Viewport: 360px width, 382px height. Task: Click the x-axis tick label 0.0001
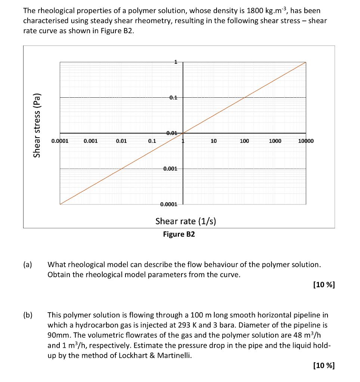(60, 141)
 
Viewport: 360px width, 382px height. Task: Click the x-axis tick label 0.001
(91, 141)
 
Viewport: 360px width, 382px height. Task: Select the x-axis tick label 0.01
(121, 141)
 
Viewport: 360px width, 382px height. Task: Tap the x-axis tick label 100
(244, 141)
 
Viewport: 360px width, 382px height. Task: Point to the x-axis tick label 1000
(275, 141)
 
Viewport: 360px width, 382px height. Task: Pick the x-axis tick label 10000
(306, 141)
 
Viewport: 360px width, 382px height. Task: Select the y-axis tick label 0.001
(170, 169)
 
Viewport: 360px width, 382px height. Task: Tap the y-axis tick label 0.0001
(169, 204)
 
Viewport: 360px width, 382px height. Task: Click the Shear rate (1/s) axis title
(186, 221)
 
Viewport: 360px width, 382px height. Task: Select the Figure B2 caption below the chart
(179, 234)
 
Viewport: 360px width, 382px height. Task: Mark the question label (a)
(28, 265)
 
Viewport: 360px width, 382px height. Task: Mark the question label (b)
(28, 315)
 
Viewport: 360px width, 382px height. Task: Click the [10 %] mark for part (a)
(323, 285)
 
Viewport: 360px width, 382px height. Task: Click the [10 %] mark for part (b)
(323, 365)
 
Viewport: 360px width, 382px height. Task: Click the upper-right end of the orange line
(305, 62)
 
